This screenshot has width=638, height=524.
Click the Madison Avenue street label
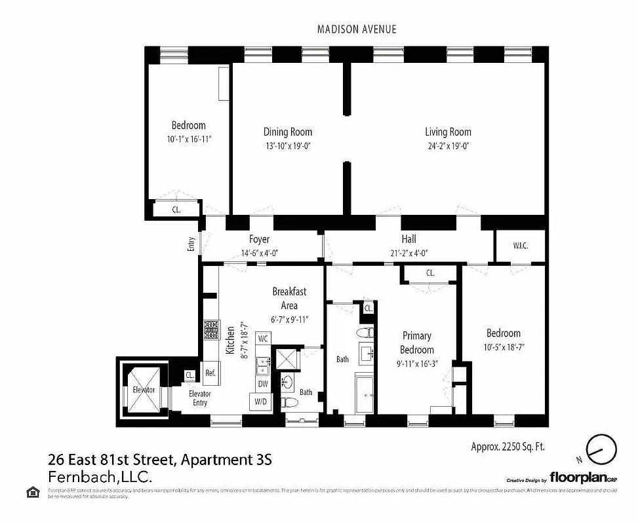coord(357,29)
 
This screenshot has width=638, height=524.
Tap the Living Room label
coord(448,132)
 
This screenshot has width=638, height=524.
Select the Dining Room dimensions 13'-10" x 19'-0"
coord(287,147)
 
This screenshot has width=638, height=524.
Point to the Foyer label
coord(259,240)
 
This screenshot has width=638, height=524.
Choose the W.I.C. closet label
coord(520,246)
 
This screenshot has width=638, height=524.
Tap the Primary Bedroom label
coord(416,343)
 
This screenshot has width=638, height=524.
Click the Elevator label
coord(143,390)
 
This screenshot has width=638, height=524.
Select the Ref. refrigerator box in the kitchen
coord(210,373)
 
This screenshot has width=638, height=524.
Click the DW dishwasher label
coord(262,384)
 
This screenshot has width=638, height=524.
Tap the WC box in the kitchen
coord(263,339)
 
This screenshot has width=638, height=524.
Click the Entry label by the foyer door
coord(191,244)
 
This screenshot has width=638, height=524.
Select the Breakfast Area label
coord(289,299)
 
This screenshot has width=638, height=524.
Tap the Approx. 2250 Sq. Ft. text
coord(508,447)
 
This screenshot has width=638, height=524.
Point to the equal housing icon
coord(31,492)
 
